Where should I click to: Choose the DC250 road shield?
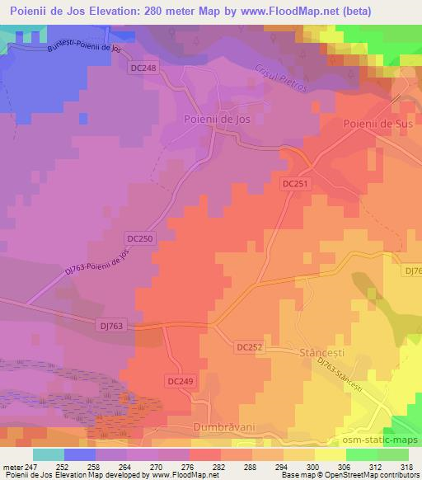coord(139,238)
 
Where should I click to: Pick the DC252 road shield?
coord(248,347)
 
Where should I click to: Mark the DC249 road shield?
coord(181,380)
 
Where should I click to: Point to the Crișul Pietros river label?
coord(281,80)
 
